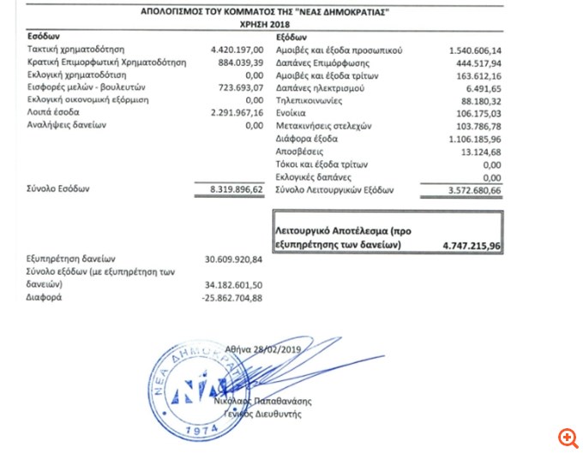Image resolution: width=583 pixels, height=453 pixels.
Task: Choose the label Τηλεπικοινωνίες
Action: [310, 100]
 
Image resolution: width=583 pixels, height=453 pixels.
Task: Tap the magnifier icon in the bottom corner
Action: [567, 438]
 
